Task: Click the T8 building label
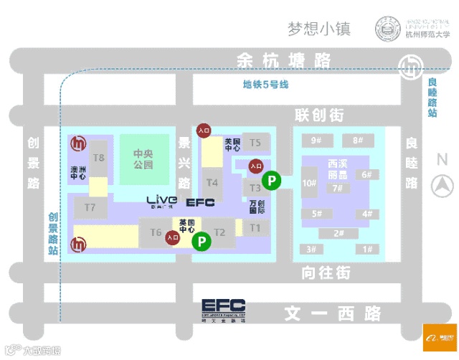tap(99, 157)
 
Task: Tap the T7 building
tap(90, 207)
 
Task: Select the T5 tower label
tap(255, 143)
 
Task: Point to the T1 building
tap(255, 227)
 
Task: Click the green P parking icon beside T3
tap(271, 181)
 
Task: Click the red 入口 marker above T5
tap(204, 130)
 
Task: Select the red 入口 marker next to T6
tap(172, 236)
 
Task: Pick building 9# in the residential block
tap(316, 140)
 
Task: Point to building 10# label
tap(310, 183)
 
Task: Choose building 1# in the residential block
tap(368, 249)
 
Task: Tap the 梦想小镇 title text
tap(318, 29)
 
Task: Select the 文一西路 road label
tap(332, 313)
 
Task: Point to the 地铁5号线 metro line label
tap(265, 85)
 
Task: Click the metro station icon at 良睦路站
tap(410, 69)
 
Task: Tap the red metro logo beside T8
tap(77, 144)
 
